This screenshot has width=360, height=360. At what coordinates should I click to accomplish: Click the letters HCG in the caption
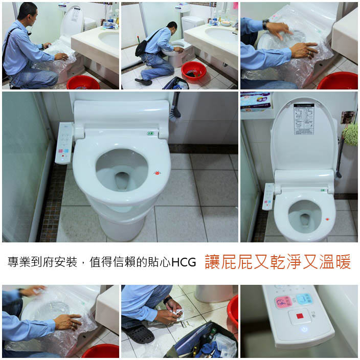pyautogui.click(x=185, y=263)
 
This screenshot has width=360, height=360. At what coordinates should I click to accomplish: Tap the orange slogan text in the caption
pyautogui.click(x=278, y=262)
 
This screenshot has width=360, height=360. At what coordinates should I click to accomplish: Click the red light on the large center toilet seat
pyautogui.click(x=157, y=173)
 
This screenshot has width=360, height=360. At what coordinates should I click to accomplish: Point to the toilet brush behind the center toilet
pyautogui.click(x=175, y=108)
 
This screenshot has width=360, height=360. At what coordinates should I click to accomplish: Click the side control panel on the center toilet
pyautogui.click(x=63, y=143)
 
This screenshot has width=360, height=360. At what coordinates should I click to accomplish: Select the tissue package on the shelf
pyautogui.click(x=255, y=101)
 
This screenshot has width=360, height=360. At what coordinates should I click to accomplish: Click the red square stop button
pyautogui.click(x=298, y=317)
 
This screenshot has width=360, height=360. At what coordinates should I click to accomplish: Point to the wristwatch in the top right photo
pyautogui.click(x=266, y=24)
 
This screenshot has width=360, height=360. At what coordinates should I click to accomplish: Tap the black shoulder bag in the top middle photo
pyautogui.click(x=142, y=48)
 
